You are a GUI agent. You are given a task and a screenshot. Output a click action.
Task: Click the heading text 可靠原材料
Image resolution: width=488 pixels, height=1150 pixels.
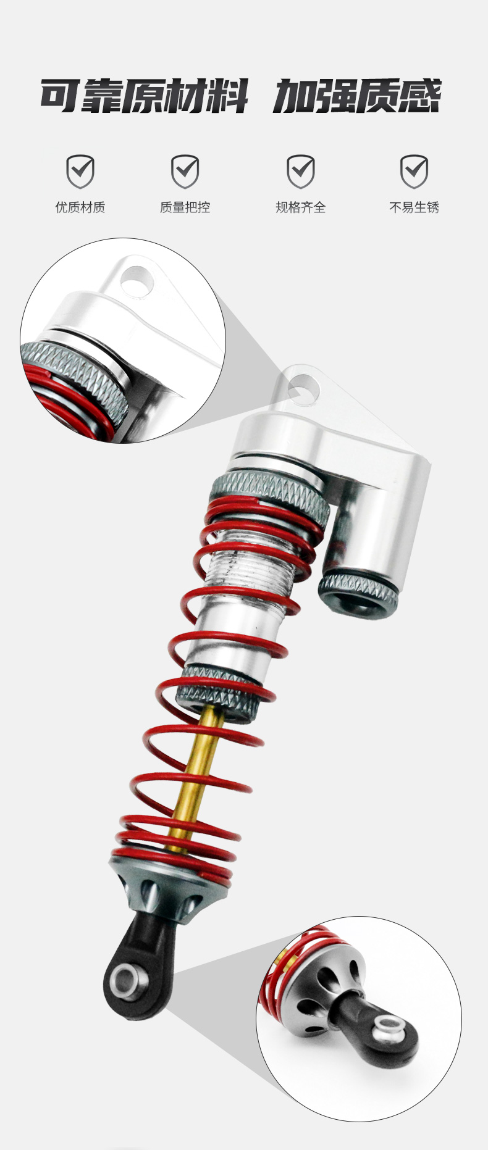[144, 96]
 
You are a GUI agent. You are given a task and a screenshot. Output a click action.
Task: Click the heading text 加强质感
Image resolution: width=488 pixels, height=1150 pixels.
[357, 96]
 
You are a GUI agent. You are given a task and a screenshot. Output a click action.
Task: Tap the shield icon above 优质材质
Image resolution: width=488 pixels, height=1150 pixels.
[80, 171]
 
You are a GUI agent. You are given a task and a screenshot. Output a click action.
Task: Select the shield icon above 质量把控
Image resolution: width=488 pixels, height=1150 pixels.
[185, 171]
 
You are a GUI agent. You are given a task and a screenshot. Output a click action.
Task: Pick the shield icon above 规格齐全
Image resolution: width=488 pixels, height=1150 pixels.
[300, 171]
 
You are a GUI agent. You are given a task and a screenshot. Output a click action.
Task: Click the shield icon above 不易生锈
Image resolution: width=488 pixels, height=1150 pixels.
[414, 171]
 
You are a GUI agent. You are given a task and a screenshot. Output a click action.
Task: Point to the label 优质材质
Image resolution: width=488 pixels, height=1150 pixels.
[80, 207]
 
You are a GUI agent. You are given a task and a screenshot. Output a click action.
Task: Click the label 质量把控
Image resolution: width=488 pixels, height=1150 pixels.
[185, 207]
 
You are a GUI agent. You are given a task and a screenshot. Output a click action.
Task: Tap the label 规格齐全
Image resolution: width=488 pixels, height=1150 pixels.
[300, 207]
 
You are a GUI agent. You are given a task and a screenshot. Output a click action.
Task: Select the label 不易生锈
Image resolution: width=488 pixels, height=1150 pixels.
[414, 207]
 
